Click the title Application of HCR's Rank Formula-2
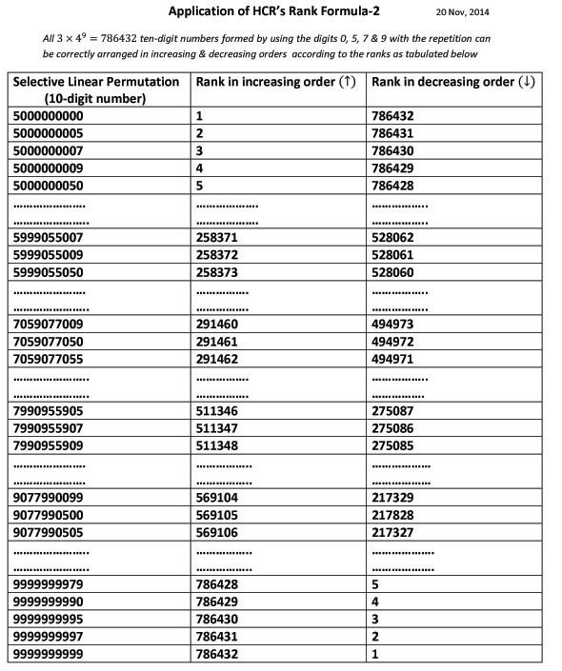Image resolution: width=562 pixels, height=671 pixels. (x=281, y=13)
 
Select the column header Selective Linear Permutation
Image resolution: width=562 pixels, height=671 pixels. (x=95, y=82)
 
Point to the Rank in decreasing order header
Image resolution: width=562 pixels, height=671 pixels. (x=453, y=82)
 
